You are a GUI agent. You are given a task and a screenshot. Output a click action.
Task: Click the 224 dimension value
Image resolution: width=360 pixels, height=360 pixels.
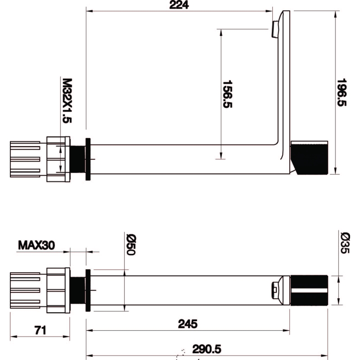click(x=179, y=5)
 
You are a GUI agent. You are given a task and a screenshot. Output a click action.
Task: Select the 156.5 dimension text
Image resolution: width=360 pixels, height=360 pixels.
click(x=227, y=94)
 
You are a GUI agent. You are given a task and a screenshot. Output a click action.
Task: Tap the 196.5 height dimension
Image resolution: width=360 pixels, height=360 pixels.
click(x=342, y=92)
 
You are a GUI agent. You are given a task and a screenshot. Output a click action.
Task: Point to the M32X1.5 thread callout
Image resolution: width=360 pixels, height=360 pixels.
click(x=67, y=100)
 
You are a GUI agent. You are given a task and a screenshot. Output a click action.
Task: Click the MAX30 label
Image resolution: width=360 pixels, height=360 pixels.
click(x=36, y=245)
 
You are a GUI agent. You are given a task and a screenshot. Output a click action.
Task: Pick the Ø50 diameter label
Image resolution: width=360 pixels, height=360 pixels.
click(x=131, y=245)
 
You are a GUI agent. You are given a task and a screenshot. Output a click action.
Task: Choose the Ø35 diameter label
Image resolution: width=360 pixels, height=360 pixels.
click(x=345, y=243)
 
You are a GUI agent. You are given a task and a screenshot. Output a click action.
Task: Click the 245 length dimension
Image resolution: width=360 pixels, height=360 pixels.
click(x=188, y=324)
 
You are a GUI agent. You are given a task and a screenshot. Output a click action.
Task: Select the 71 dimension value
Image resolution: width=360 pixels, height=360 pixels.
click(x=40, y=330)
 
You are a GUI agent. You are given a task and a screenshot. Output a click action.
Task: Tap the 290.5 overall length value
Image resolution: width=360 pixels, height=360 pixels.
click(x=207, y=349)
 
